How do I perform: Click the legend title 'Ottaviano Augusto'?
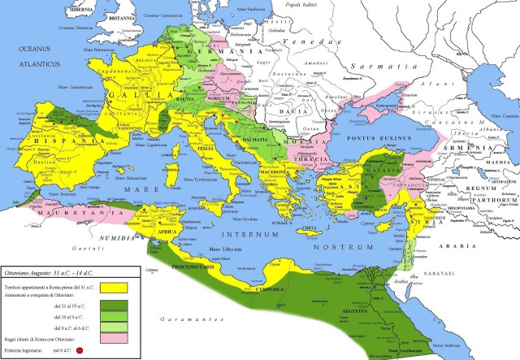tap(37, 271)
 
